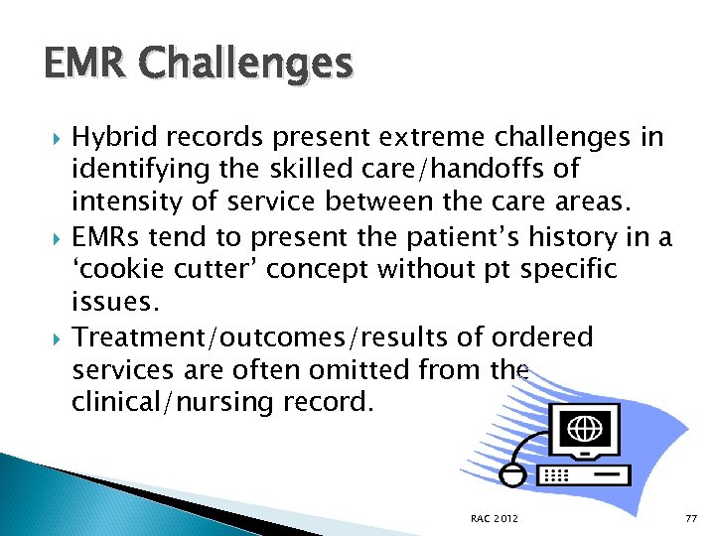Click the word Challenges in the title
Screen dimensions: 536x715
pyautogui.click(x=247, y=67)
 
